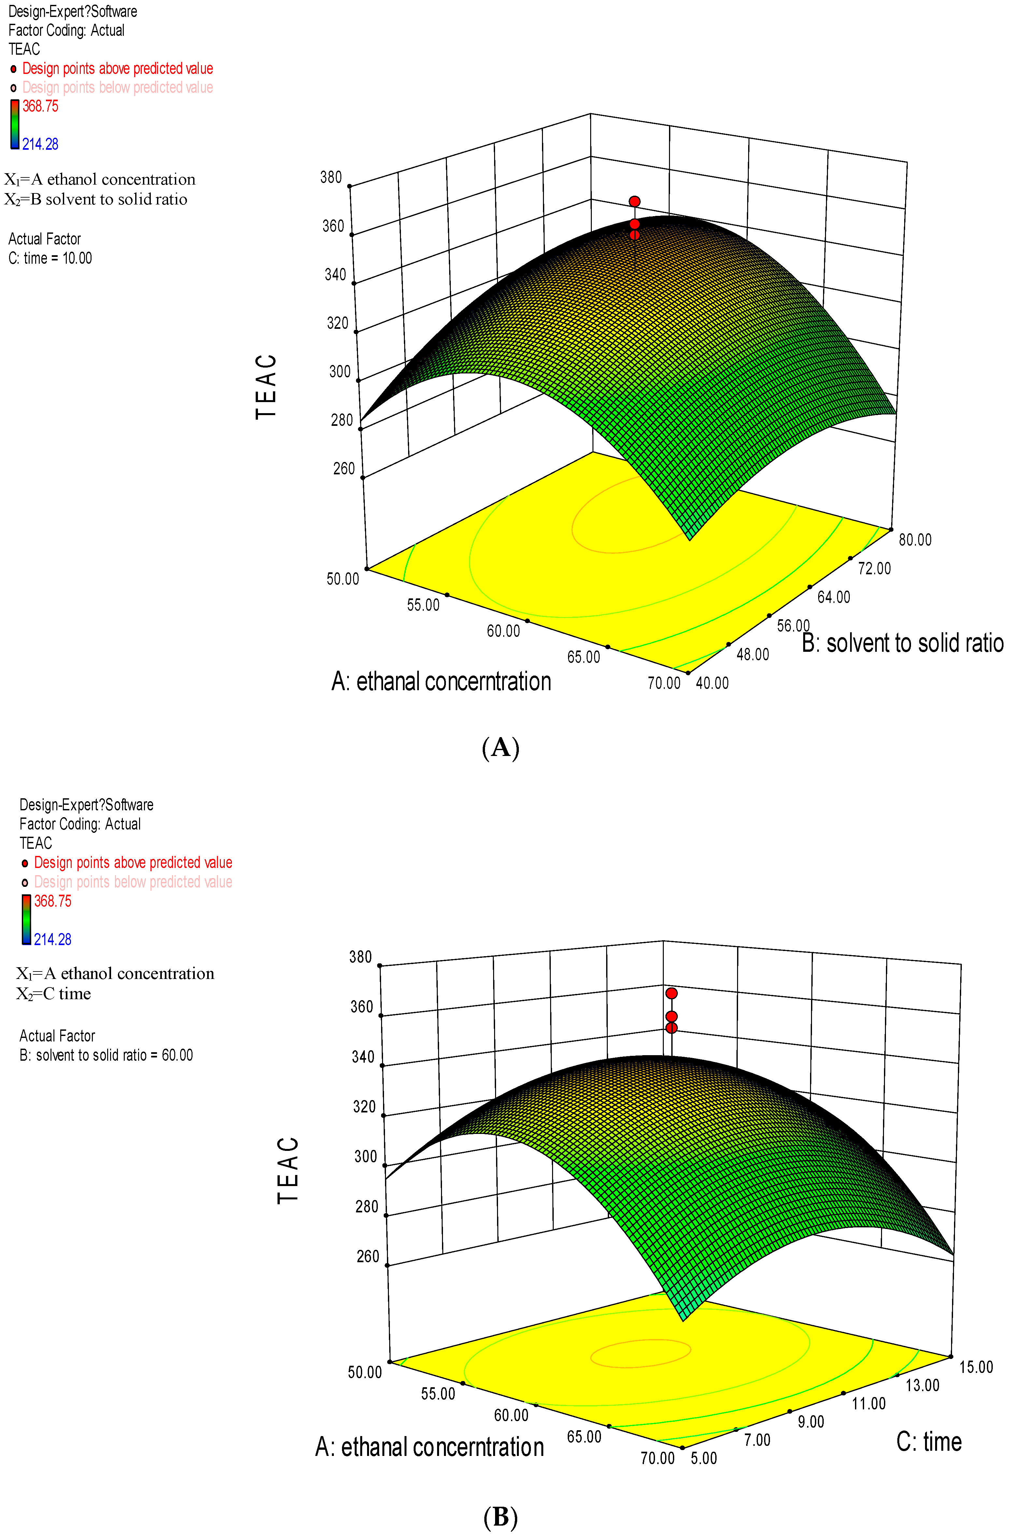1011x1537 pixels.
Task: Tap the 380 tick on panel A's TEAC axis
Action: point(331,177)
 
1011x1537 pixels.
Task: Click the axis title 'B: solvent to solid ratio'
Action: point(902,643)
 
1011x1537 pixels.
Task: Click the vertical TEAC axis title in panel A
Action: point(266,386)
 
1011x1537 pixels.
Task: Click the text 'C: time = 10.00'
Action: point(50,258)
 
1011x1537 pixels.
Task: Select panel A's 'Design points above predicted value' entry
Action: point(117,68)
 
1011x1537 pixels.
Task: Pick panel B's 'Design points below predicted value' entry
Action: point(133,882)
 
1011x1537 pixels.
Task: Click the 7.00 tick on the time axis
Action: point(757,1440)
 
